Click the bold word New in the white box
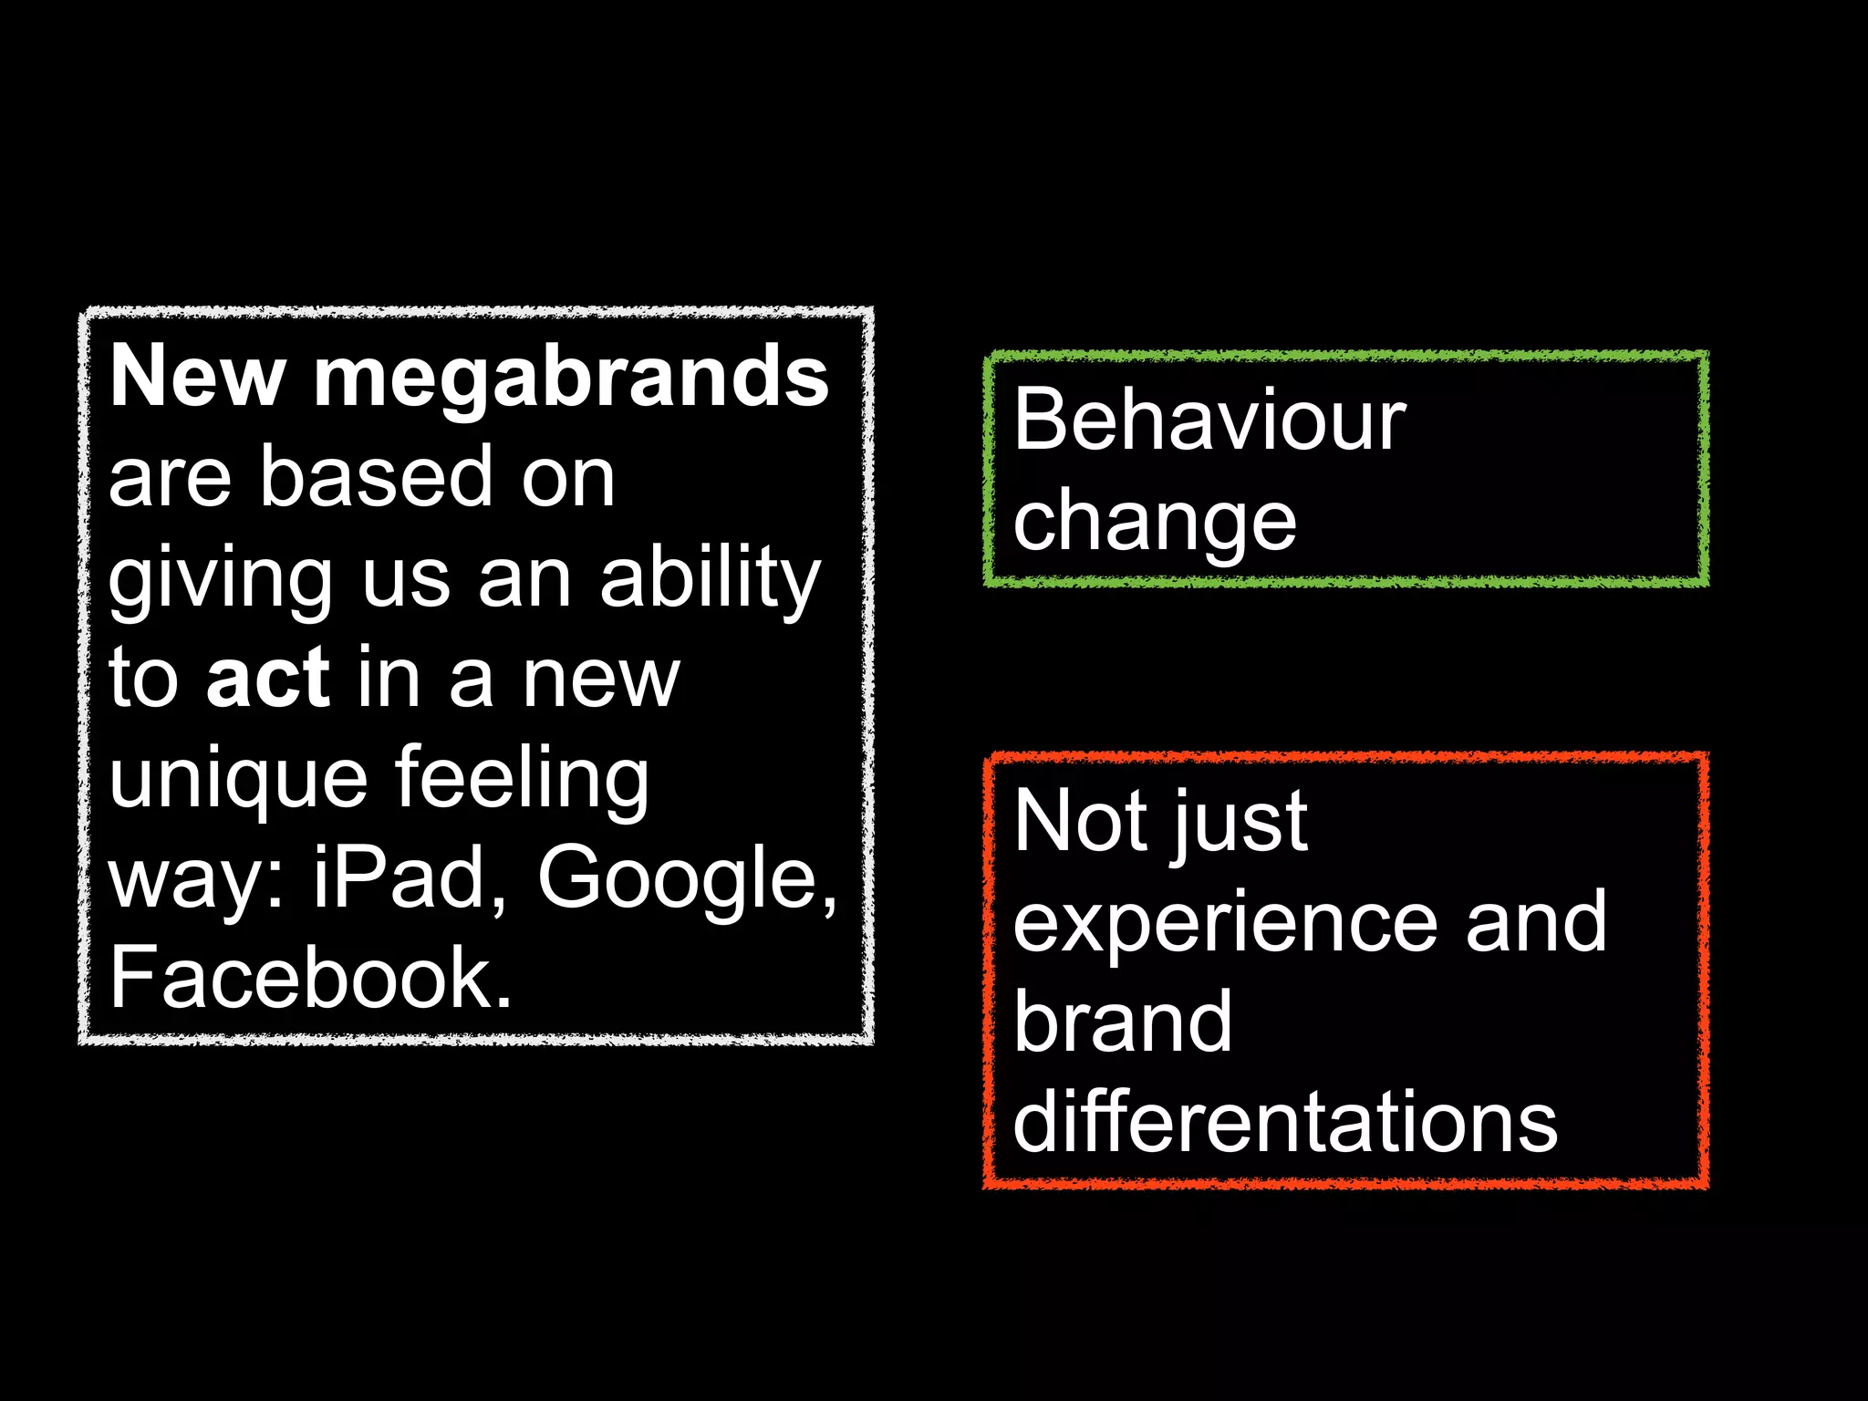(x=197, y=376)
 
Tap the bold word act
(x=267, y=678)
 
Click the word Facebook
(x=310, y=978)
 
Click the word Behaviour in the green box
(x=1209, y=420)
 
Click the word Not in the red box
(x=1080, y=821)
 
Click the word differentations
(x=1285, y=1122)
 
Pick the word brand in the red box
(x=1123, y=1022)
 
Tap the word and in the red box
(x=1535, y=921)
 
